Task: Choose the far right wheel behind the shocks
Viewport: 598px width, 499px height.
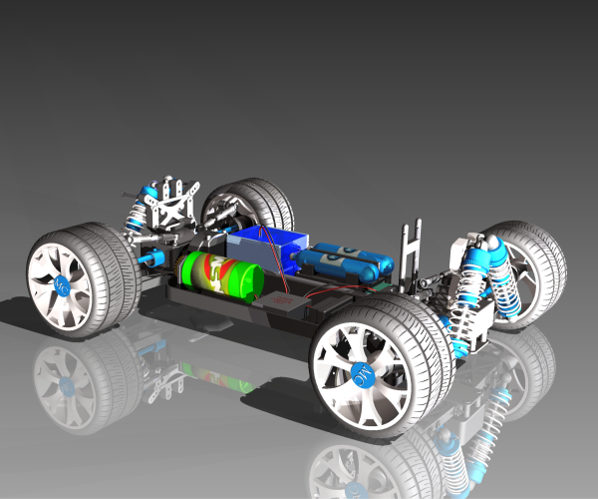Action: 533,269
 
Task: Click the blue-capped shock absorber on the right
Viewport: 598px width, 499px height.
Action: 476,284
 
